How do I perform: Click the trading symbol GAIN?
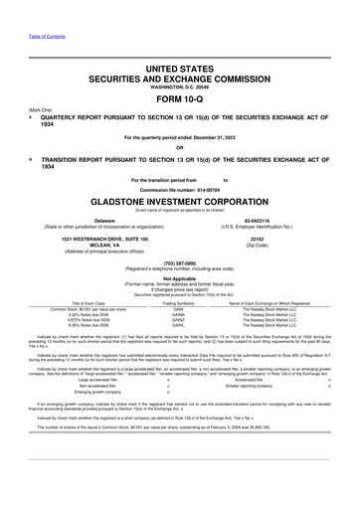tap(179, 309)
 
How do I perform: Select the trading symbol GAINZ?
tap(179, 321)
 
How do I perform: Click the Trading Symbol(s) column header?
tap(179, 303)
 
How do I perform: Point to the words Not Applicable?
tap(179, 280)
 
